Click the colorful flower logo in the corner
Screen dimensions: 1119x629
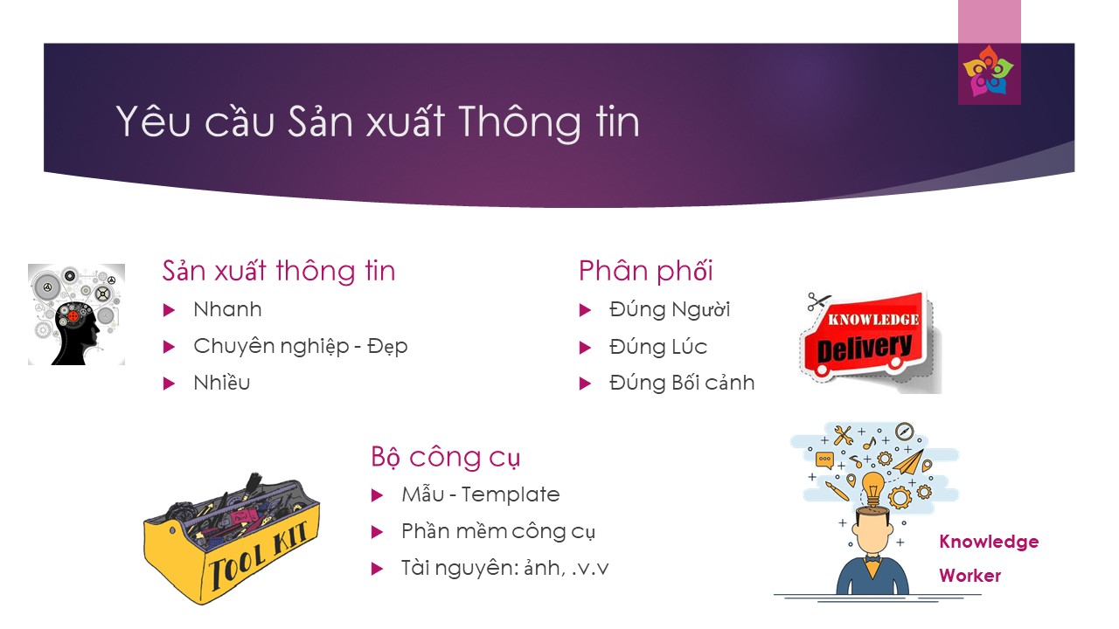[x=988, y=71]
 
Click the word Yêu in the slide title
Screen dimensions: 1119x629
[x=153, y=120]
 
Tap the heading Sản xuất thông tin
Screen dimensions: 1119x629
[x=279, y=271]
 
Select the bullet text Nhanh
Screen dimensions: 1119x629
[x=227, y=309]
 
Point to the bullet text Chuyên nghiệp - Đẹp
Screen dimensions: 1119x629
[x=300, y=347]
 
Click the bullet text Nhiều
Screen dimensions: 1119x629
[x=222, y=383]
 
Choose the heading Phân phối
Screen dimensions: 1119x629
[x=645, y=271]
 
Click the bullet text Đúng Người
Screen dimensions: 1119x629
[x=670, y=309]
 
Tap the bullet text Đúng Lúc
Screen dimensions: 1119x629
[x=658, y=347]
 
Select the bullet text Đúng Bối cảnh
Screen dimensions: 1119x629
[x=681, y=383]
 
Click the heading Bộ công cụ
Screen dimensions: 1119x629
[x=445, y=457]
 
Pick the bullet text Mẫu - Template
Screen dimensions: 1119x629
[x=480, y=494]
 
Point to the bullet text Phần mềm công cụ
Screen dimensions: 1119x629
[x=498, y=531]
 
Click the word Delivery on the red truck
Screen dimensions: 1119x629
[x=865, y=348]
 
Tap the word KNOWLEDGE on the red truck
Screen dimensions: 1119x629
[x=873, y=320]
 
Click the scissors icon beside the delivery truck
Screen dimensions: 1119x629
[x=817, y=301]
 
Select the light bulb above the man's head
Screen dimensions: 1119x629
[x=872, y=488]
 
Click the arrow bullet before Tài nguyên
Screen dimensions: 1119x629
[x=377, y=569]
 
